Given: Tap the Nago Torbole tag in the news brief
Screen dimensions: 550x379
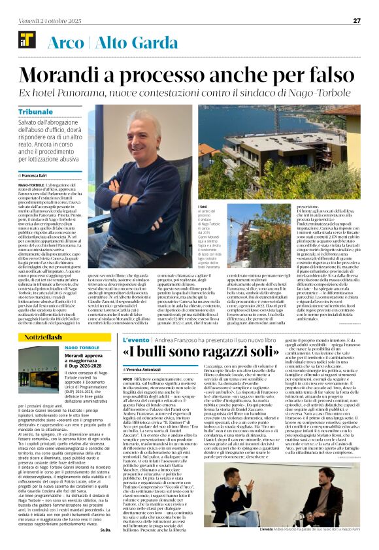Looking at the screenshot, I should click(82, 347).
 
